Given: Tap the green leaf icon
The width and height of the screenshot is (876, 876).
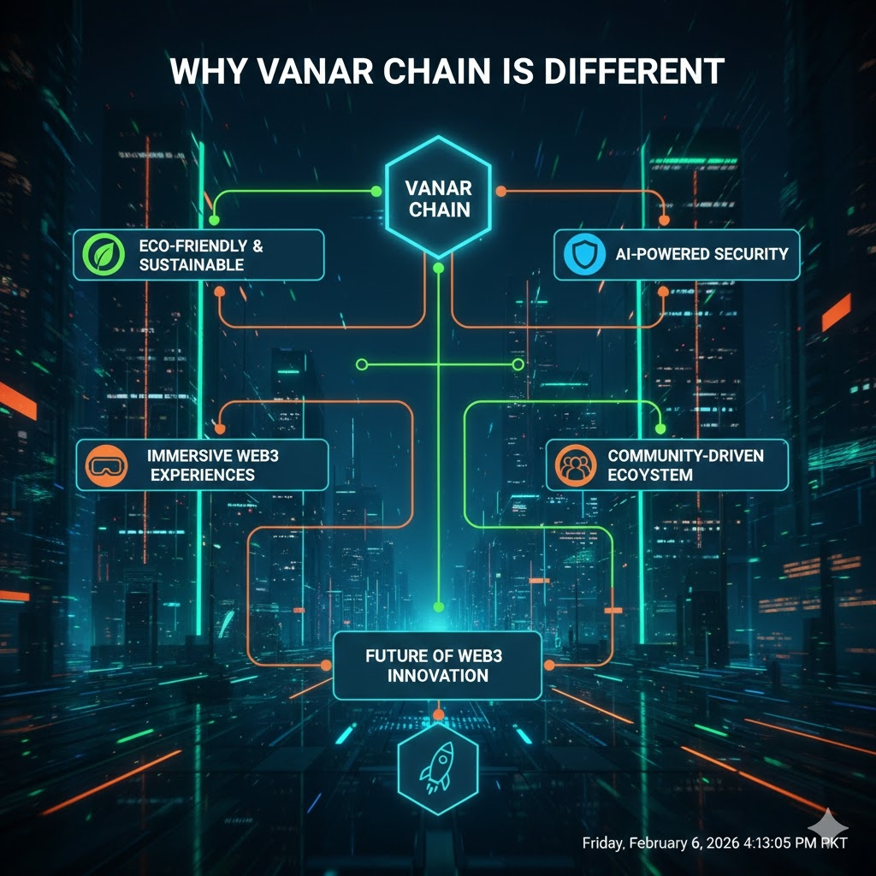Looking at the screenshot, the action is tap(101, 255).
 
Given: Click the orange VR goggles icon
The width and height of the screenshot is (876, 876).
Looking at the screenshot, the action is tap(104, 465).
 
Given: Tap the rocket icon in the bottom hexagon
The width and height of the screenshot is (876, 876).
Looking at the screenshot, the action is tap(438, 762).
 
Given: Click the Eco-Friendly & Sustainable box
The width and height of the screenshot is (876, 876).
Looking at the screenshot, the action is tap(198, 255).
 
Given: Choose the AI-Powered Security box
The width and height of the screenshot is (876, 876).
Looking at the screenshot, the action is tap(676, 255).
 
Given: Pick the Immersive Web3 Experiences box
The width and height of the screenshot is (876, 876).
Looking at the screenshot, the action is tap(202, 465).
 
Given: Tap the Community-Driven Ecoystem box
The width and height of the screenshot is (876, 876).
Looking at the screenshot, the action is tap(666, 465).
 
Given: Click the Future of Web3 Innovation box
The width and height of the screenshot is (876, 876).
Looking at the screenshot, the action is tap(437, 666).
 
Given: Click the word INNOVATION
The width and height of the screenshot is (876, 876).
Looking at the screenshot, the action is tap(437, 676).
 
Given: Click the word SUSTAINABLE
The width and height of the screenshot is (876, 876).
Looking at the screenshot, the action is tap(192, 265).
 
